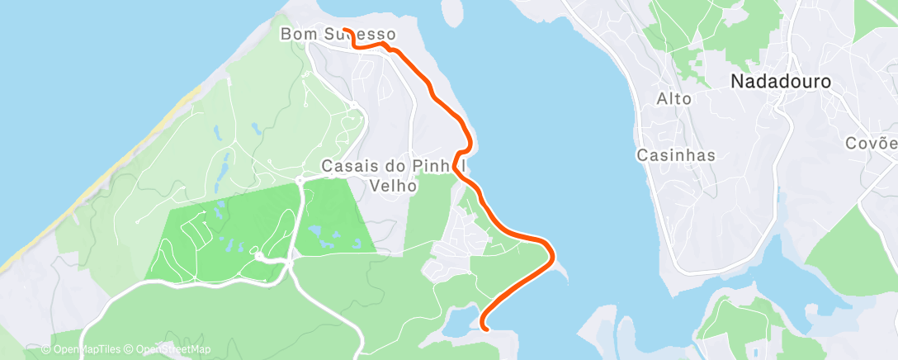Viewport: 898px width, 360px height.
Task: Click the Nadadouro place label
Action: coord(780,81)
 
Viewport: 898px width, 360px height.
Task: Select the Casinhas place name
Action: coord(676,155)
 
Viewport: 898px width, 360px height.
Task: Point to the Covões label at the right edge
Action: coord(872,143)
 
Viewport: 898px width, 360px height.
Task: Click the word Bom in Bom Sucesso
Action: coord(296,35)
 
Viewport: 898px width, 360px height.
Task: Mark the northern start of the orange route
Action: coord(345,30)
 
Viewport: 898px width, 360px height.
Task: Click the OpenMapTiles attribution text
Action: coord(83,349)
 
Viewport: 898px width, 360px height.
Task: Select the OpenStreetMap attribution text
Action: coord(169,349)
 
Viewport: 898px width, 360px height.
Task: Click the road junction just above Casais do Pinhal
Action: coord(354,105)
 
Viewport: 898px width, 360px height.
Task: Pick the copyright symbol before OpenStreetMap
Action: coord(130,349)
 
